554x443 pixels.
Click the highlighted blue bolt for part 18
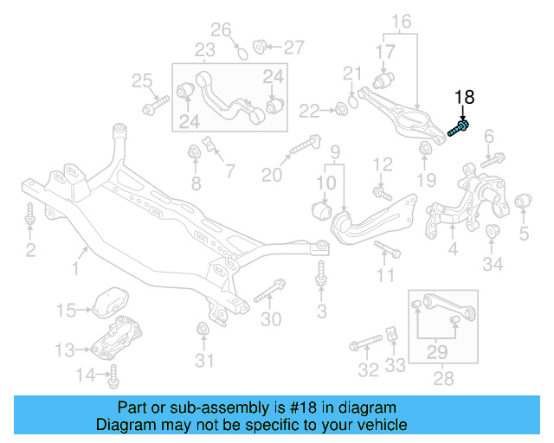click(x=459, y=130)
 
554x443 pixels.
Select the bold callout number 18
click(x=465, y=98)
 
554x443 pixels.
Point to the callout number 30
click(x=271, y=319)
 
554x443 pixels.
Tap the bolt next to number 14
click(x=113, y=376)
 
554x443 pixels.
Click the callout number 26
click(x=222, y=30)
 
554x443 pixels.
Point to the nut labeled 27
click(x=258, y=45)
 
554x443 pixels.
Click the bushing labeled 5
click(x=522, y=203)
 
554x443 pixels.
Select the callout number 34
click(x=493, y=264)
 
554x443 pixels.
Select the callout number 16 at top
click(x=402, y=20)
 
